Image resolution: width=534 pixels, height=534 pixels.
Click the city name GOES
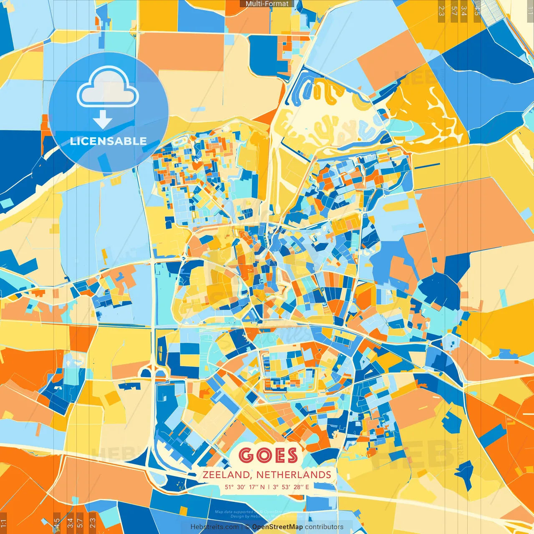(x=269, y=456)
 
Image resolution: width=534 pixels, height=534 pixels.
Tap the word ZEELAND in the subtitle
(x=227, y=475)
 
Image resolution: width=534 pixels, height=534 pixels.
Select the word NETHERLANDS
(x=294, y=475)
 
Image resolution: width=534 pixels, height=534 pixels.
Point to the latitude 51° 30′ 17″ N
(x=245, y=487)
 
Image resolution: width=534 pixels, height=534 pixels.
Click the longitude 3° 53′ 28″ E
(x=292, y=487)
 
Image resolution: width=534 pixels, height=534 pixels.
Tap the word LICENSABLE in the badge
(x=108, y=141)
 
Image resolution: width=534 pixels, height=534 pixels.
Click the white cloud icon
(x=108, y=88)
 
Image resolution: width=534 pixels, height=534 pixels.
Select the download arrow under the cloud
(x=103, y=121)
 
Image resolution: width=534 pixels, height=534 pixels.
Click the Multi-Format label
(x=267, y=4)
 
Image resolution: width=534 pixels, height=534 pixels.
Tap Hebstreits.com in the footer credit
(x=215, y=527)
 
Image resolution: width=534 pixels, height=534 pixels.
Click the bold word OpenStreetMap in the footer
(x=277, y=527)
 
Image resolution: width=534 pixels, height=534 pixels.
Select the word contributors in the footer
(x=324, y=527)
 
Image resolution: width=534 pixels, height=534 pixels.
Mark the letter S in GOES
(x=291, y=456)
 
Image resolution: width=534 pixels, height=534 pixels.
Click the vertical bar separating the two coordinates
(x=269, y=487)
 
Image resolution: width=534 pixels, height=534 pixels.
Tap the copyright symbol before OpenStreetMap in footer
(x=247, y=527)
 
